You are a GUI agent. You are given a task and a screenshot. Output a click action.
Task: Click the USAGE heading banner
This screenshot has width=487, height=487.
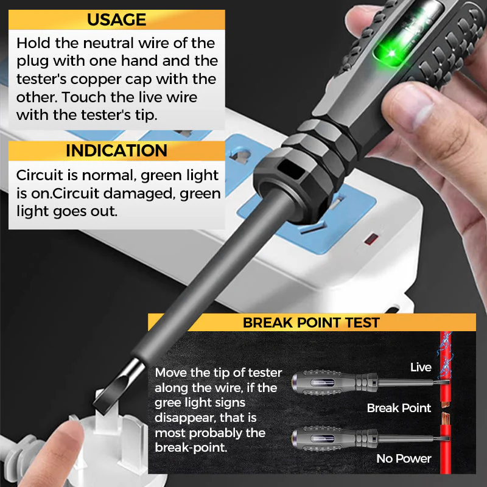[x=116, y=19]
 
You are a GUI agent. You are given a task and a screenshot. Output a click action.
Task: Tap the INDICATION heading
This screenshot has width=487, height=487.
[x=116, y=151]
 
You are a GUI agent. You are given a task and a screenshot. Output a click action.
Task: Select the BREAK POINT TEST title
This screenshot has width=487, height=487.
[x=311, y=323]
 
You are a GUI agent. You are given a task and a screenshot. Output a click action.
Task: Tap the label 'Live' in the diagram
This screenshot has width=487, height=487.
[x=421, y=367]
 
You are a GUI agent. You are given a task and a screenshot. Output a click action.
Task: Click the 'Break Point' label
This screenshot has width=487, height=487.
[x=399, y=408]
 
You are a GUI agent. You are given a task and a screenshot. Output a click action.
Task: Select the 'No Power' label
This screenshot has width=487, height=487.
[x=404, y=458]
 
